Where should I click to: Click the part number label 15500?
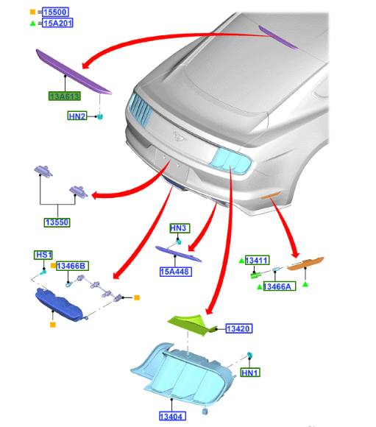tap(55, 12)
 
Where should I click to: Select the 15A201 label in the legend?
tap(57, 23)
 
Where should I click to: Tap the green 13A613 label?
tap(65, 96)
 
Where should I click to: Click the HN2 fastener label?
tap(77, 116)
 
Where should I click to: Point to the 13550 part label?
tap(57, 222)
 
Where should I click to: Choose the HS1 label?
tap(43, 255)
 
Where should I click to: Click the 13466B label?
tap(72, 266)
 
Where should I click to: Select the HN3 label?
tap(180, 228)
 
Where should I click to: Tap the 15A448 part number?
tap(176, 272)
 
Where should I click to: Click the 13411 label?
tap(258, 261)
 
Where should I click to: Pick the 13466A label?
tap(280, 286)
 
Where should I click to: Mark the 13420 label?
tap(239, 328)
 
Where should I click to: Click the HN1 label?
tap(250, 373)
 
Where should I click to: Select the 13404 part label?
tap(172, 416)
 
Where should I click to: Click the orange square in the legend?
tap(32, 12)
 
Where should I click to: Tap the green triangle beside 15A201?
tap(32, 24)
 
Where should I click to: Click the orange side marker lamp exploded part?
tap(305, 264)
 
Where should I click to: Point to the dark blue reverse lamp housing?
tap(59, 305)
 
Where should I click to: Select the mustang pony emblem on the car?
tap(180, 137)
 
